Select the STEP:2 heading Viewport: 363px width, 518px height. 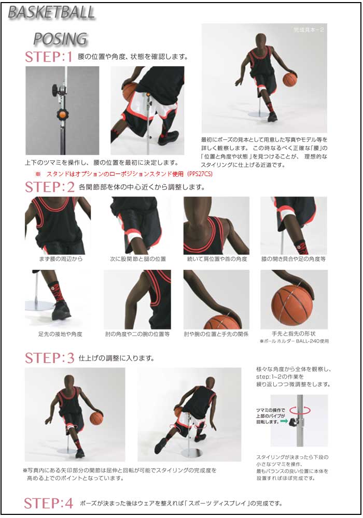pyautogui.click(x=49, y=187)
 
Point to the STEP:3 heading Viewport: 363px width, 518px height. pyautogui.click(x=49, y=358)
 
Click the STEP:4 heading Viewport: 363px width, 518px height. pyautogui.click(x=49, y=503)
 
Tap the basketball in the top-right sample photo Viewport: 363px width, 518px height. pyautogui.click(x=289, y=79)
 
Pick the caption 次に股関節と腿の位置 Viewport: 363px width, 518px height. pyautogui.click(x=138, y=258)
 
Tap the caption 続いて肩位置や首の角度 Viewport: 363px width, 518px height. pyautogui.click(x=217, y=258)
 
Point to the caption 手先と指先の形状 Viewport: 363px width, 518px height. pyautogui.click(x=294, y=334)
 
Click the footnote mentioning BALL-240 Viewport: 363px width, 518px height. pyautogui.click(x=294, y=341)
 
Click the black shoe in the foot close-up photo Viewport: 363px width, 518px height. pyautogui.click(x=61, y=310)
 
